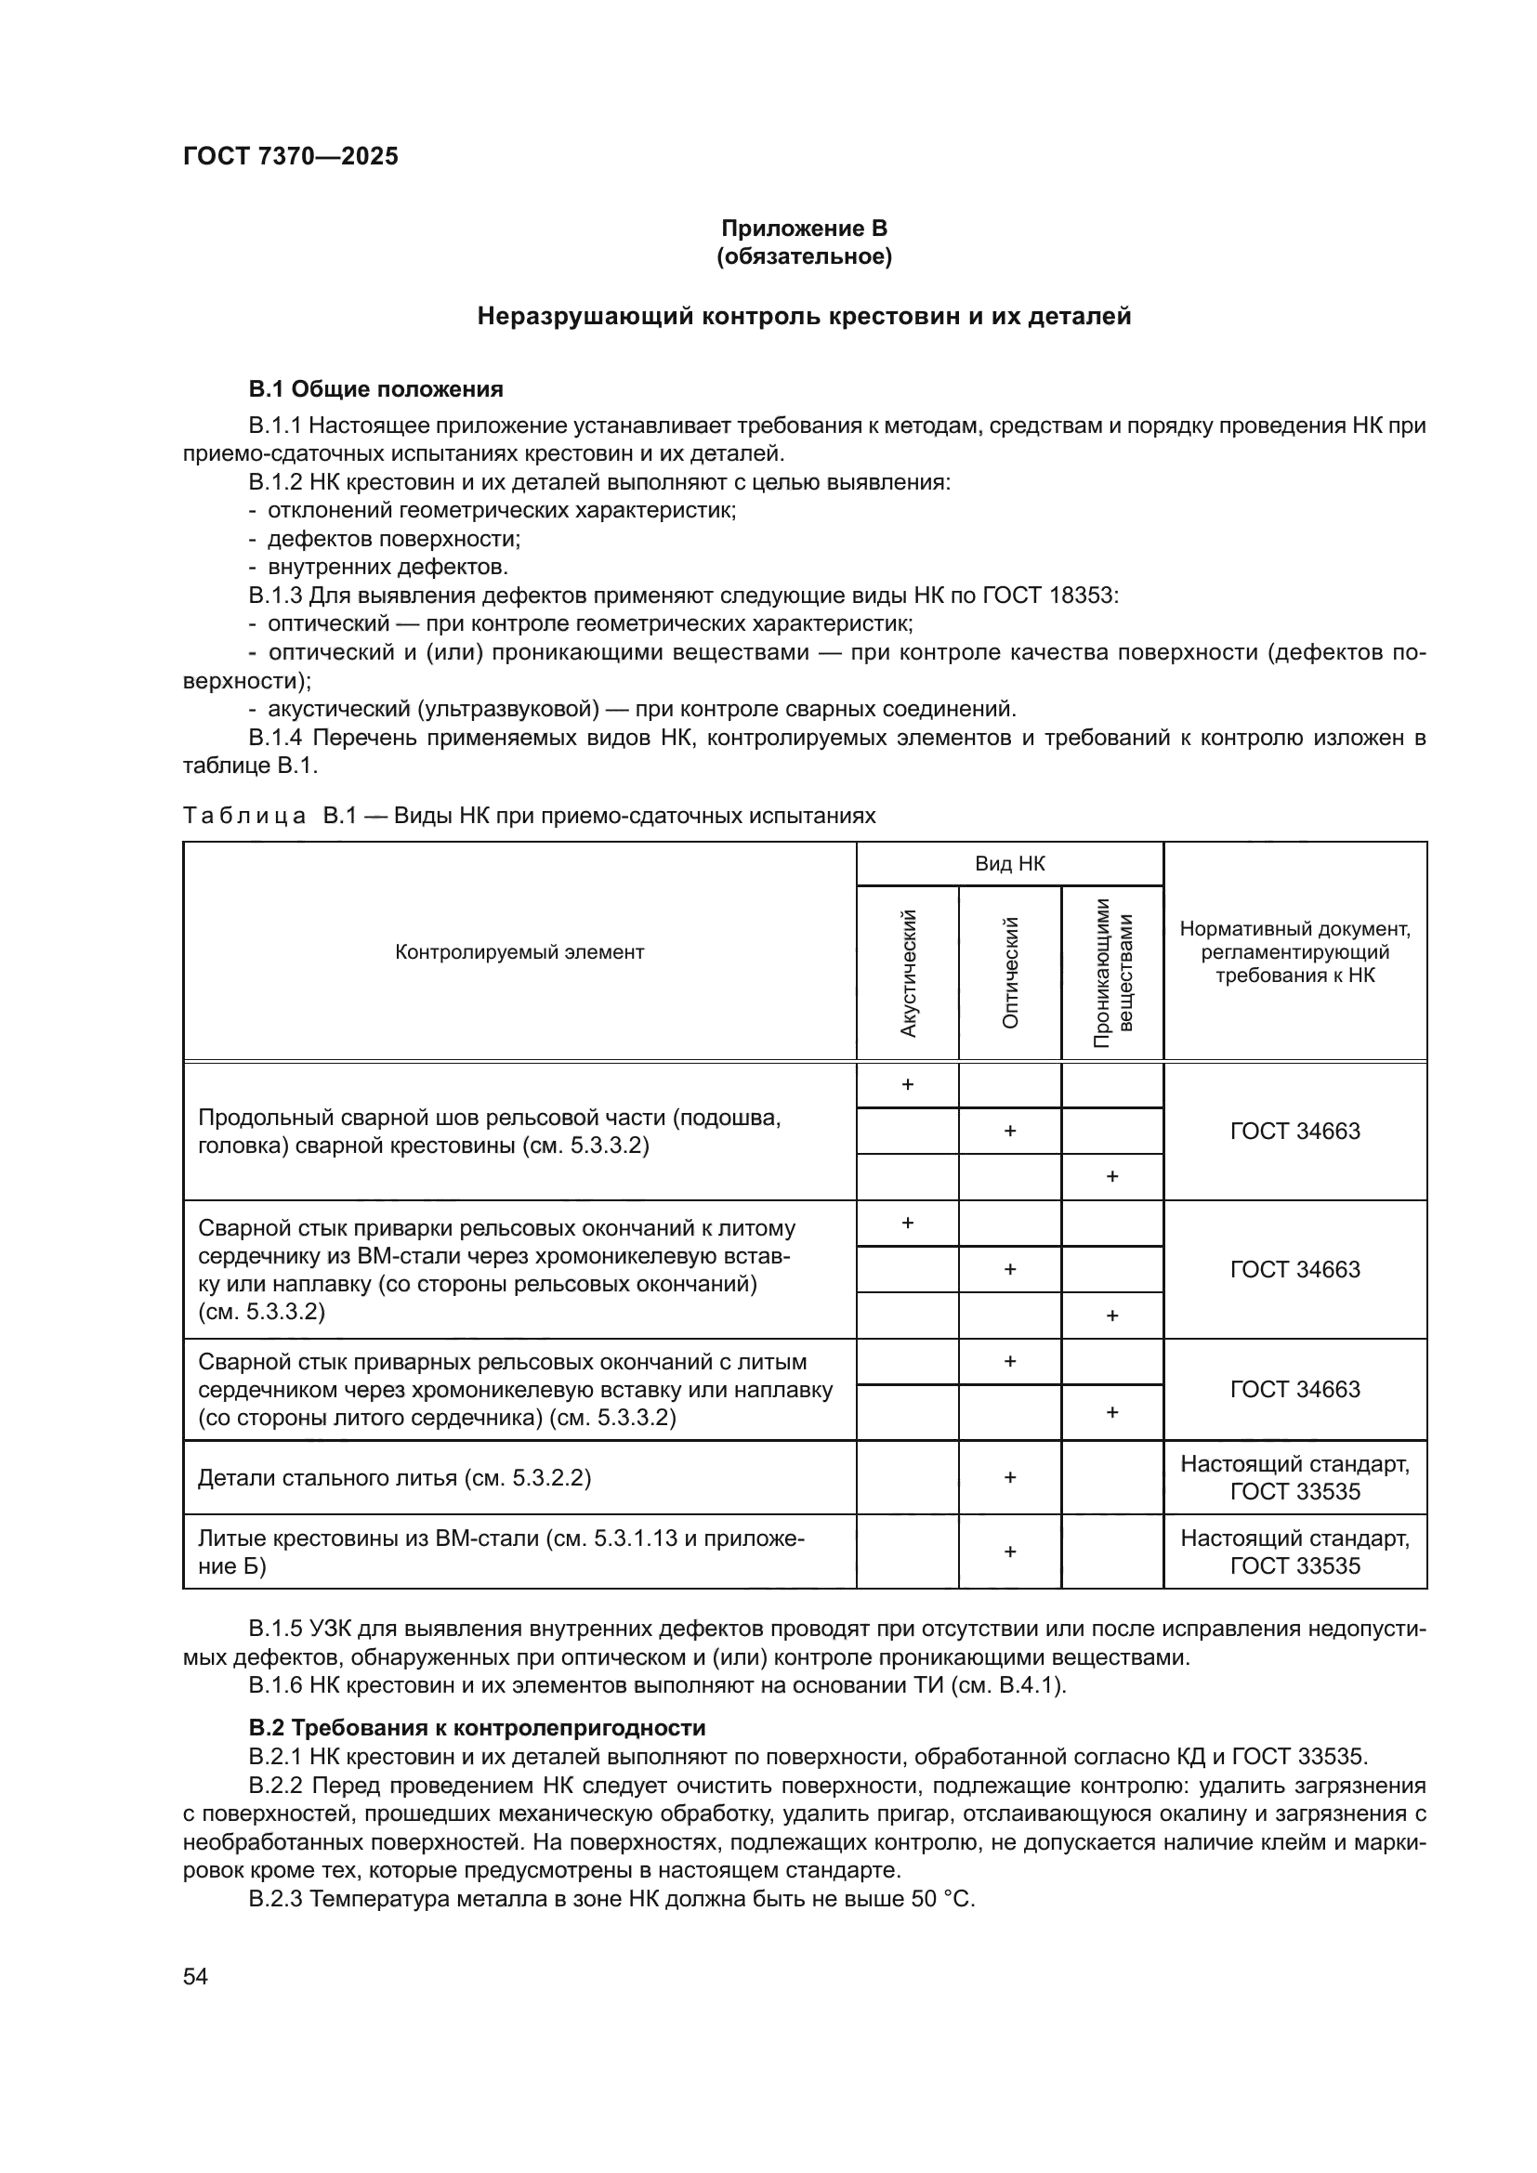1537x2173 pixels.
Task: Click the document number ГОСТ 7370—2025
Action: pyautogui.click(x=291, y=156)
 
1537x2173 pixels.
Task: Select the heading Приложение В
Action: pyautogui.click(x=804, y=229)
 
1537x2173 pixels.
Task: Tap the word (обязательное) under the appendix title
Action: pyautogui.click(x=804, y=256)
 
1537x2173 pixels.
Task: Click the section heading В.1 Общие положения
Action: pyautogui.click(x=375, y=389)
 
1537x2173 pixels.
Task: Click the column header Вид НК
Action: pyautogui.click(x=1009, y=863)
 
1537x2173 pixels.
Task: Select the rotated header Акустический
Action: pyautogui.click(x=908, y=973)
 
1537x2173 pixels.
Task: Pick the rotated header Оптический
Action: pyautogui.click(x=1010, y=973)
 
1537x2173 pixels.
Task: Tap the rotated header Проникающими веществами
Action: pyautogui.click(x=1112, y=973)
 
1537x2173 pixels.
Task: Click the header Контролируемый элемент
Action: pyautogui.click(x=519, y=952)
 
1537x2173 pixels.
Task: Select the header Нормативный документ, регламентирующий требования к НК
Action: pyautogui.click(x=1294, y=952)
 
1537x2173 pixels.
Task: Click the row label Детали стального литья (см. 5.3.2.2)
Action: pyautogui.click(x=394, y=1478)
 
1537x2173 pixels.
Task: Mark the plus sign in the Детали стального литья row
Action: pyautogui.click(x=1010, y=1477)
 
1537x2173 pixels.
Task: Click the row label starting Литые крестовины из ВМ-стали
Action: pyautogui.click(x=502, y=1552)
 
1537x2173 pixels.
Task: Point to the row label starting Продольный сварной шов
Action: pyautogui.click(x=489, y=1132)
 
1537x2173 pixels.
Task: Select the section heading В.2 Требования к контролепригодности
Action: pyautogui.click(x=477, y=1727)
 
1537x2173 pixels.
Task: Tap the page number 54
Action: pyautogui.click(x=195, y=1976)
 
